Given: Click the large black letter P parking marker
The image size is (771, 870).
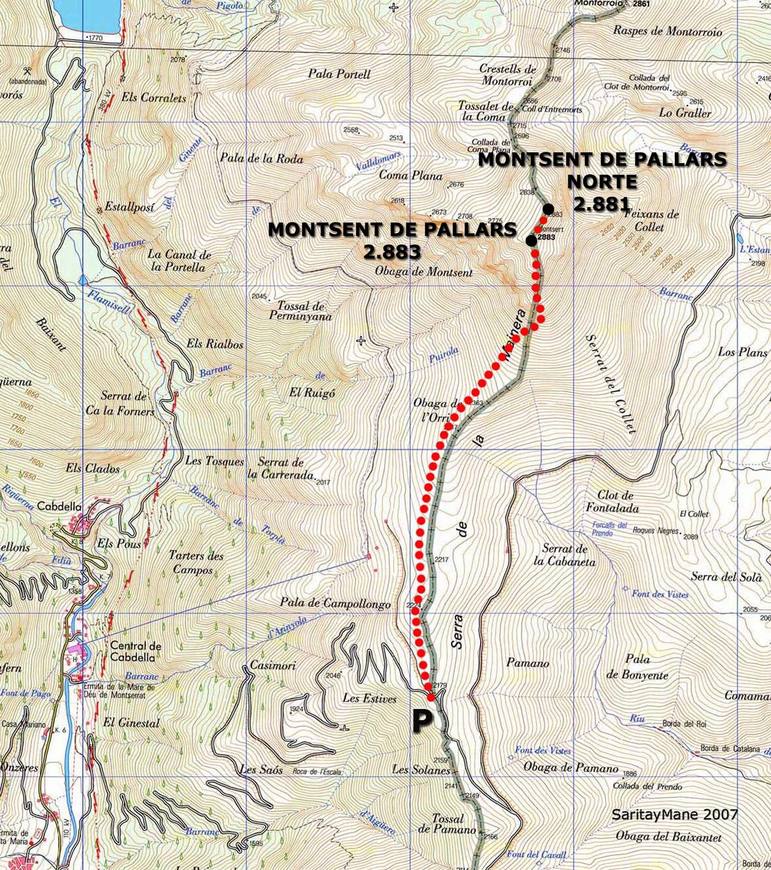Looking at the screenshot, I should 422,722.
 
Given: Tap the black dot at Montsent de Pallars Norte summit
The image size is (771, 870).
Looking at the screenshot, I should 548,208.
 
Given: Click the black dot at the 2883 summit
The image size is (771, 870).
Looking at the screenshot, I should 531,241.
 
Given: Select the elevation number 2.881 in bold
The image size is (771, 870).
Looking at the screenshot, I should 602,204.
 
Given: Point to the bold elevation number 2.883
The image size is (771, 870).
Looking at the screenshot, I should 392,252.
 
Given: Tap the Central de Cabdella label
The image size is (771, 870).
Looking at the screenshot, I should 133,651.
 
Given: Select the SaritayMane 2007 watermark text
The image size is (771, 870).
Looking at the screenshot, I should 674,814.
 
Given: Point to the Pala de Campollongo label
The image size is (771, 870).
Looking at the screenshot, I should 335,603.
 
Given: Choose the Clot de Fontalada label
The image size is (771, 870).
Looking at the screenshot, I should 612,501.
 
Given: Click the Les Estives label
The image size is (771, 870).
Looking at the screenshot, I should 369,698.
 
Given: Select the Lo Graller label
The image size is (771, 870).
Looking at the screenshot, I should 685,113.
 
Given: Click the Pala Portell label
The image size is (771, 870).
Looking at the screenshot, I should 339,74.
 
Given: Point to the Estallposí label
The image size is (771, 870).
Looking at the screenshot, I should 129,207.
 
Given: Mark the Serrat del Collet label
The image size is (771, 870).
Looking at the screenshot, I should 610,384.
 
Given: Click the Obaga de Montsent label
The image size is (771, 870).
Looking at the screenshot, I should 424,272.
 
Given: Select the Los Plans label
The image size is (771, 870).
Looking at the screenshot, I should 742,352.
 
